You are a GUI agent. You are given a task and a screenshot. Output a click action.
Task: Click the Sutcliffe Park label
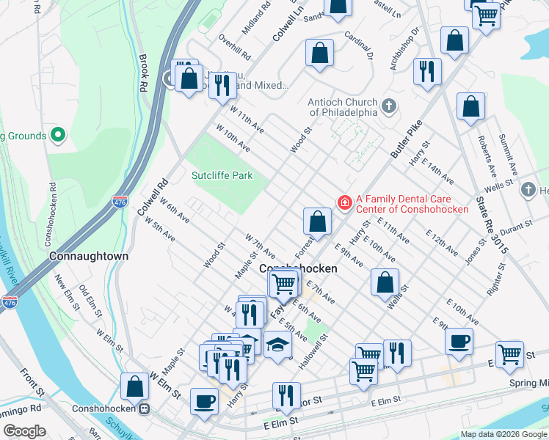point(222,175)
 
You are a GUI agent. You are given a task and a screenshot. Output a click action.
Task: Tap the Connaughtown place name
point(89,257)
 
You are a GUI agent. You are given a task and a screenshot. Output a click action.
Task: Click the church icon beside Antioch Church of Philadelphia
point(389,107)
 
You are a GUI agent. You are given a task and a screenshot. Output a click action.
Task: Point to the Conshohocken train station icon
point(145,409)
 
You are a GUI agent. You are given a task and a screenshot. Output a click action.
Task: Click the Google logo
point(25,431)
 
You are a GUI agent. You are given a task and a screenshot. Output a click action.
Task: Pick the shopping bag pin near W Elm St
point(135,386)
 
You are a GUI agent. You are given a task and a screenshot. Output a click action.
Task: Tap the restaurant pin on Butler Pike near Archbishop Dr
point(427,72)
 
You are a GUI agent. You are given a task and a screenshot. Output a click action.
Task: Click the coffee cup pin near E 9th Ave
point(459,341)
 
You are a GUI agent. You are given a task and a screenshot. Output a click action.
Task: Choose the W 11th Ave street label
point(247,118)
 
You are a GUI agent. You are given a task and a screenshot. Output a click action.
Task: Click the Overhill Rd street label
point(234,48)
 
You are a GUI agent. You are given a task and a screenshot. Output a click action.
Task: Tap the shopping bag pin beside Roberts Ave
point(470,106)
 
